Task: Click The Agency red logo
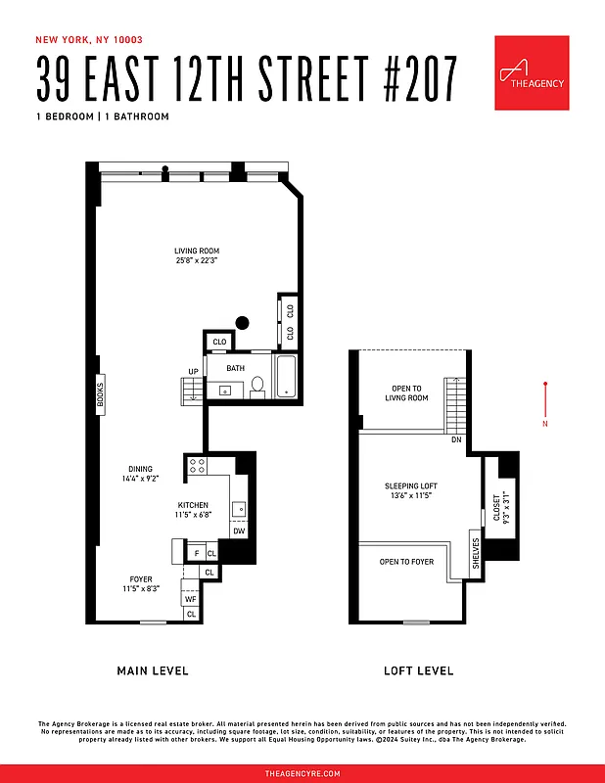(532, 72)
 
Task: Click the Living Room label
(197, 256)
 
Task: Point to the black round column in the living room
(243, 323)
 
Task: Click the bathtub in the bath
(287, 379)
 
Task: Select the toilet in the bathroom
(257, 387)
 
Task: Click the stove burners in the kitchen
(197, 465)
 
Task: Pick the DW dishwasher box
(238, 530)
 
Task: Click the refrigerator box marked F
(196, 554)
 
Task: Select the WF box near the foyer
(191, 598)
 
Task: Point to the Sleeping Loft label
(409, 490)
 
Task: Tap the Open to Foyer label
(406, 562)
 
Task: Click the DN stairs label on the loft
(456, 439)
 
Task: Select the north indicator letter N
(545, 424)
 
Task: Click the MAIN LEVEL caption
(152, 670)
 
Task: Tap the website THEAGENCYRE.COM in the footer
(302, 773)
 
